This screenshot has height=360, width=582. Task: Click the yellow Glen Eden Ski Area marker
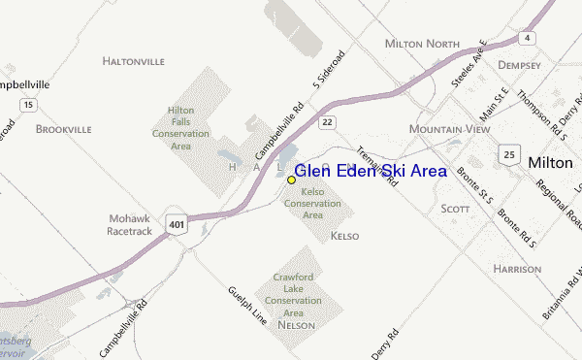click(291, 180)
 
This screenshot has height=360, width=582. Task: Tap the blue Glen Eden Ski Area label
click(371, 171)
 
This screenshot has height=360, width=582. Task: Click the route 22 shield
click(328, 121)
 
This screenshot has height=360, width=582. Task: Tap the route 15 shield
click(30, 104)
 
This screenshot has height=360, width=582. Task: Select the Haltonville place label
click(133, 61)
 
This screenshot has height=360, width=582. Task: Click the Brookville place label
click(63, 128)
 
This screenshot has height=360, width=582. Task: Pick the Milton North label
click(421, 44)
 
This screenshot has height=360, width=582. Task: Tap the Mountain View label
click(450, 129)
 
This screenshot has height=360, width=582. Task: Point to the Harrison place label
click(516, 268)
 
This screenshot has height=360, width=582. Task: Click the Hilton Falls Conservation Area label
click(181, 128)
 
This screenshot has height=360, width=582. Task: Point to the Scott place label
click(455, 209)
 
